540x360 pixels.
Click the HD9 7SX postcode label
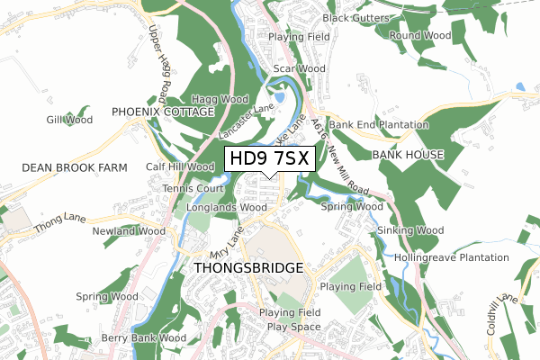(x=270, y=159)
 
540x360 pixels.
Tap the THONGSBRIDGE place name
(x=249, y=268)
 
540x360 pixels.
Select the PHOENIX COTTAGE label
(x=163, y=112)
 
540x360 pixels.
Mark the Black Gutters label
(x=356, y=18)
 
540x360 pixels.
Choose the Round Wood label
(x=419, y=36)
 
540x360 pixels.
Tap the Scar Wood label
(x=299, y=68)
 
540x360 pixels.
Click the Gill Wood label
(x=69, y=120)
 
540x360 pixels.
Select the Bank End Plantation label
(x=379, y=124)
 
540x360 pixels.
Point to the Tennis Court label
(x=193, y=189)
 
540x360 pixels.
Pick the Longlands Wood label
(x=222, y=208)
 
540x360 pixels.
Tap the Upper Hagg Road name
(x=159, y=63)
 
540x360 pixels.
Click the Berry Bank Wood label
(x=144, y=338)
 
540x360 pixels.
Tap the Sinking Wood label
(x=410, y=231)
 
